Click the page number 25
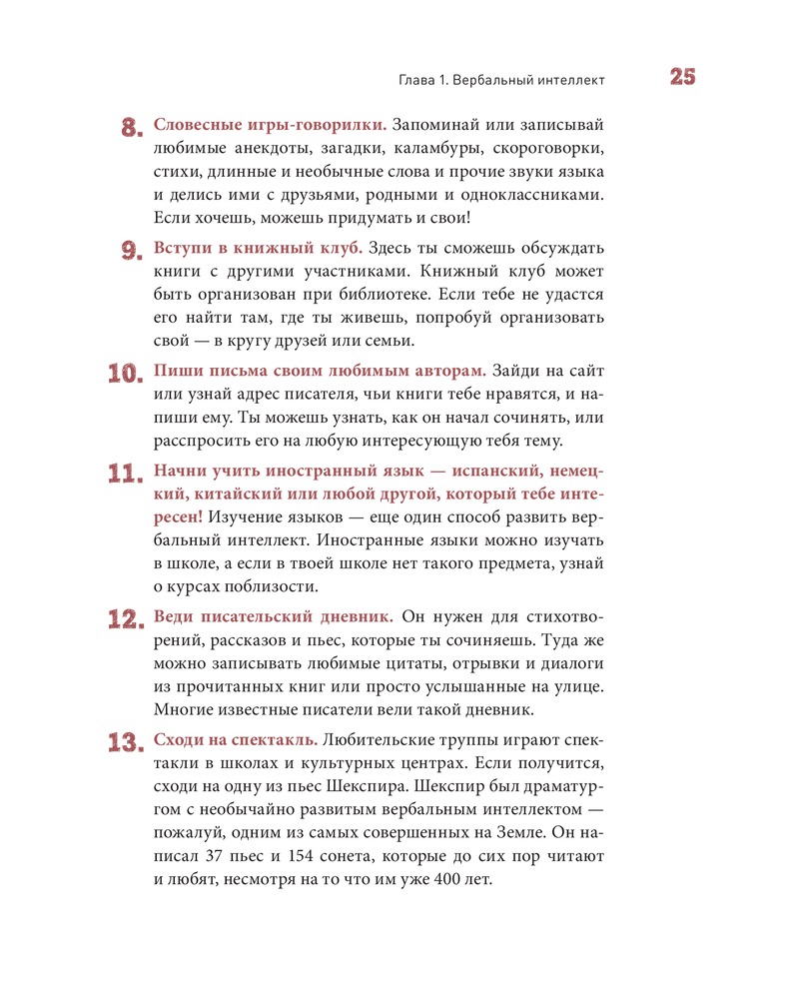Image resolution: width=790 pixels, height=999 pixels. (675, 79)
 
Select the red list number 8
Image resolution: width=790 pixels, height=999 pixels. (134, 128)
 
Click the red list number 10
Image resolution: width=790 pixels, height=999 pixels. (127, 374)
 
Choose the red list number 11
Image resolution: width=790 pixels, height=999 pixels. (127, 474)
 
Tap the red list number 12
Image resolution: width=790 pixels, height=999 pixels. (127, 619)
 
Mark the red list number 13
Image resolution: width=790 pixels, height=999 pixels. (127, 742)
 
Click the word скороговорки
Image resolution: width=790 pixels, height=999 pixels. (552, 150)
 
